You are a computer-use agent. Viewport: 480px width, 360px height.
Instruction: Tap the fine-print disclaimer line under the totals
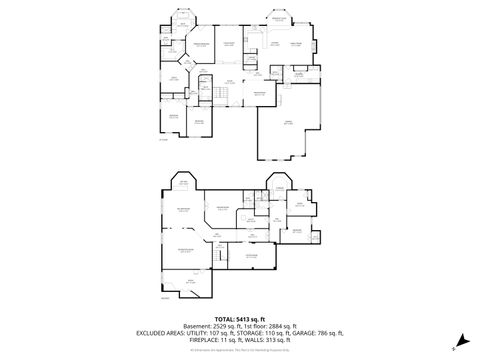(x=239, y=347)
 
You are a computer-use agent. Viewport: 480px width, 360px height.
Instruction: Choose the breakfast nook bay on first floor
(x=277, y=21)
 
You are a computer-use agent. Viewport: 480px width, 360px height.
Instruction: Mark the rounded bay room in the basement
(x=184, y=182)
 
